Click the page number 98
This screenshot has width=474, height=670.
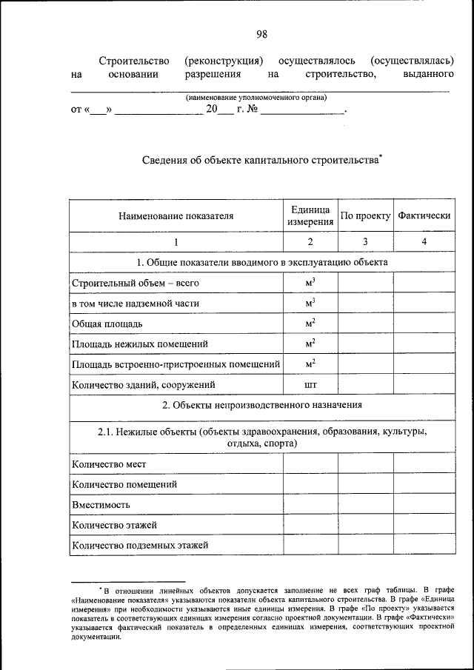(x=261, y=33)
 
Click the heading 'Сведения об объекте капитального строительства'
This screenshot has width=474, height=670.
(x=260, y=159)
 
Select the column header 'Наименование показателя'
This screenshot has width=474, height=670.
(x=176, y=216)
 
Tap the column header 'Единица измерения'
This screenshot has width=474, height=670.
(x=310, y=216)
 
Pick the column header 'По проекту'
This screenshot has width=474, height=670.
(x=365, y=216)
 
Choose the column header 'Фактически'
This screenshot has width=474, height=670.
(x=424, y=216)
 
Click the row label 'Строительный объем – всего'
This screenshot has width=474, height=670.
(x=136, y=283)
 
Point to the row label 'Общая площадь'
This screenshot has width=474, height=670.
(x=107, y=324)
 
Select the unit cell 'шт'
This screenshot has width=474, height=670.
(x=310, y=385)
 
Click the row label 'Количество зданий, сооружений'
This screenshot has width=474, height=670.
(x=143, y=385)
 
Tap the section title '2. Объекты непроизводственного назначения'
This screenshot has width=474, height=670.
(x=261, y=405)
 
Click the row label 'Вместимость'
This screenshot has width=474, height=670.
(x=101, y=504)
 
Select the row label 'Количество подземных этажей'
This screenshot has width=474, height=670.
(x=139, y=546)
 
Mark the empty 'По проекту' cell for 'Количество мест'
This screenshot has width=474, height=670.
(x=365, y=464)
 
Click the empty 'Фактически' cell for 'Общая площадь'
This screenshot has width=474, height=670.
(x=424, y=324)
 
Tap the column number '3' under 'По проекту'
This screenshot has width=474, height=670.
(x=365, y=242)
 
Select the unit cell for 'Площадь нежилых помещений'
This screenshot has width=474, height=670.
(x=310, y=344)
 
